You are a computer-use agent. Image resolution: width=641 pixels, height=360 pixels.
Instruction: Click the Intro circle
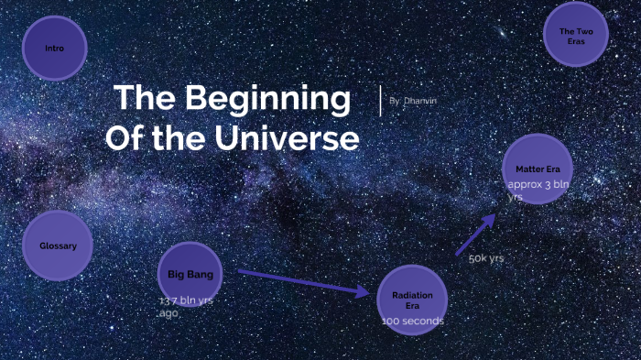(54, 48)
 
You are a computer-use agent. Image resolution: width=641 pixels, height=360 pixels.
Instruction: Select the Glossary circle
(58, 245)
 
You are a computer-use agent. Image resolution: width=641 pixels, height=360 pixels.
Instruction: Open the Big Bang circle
(190, 274)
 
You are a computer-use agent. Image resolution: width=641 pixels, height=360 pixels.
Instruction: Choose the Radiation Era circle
(412, 296)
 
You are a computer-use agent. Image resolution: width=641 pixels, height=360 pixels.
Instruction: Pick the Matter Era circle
(538, 169)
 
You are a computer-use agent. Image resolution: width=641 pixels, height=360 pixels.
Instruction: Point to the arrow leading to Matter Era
(475, 235)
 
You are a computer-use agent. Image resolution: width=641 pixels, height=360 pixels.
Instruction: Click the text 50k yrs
(486, 258)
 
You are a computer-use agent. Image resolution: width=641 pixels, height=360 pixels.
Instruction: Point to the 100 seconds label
(413, 322)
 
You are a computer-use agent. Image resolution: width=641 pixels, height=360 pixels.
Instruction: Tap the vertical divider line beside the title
(380, 100)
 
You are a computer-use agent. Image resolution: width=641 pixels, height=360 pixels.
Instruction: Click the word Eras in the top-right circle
(576, 42)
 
